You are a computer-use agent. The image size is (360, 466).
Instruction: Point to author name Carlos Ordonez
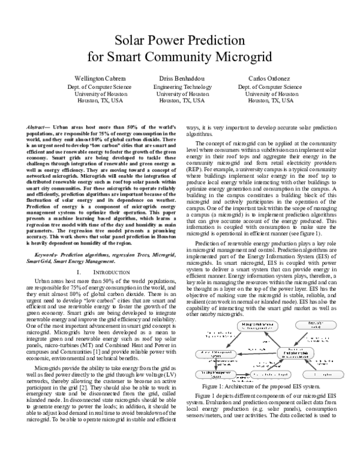(265, 79)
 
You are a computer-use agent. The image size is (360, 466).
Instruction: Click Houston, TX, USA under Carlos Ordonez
(265, 101)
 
